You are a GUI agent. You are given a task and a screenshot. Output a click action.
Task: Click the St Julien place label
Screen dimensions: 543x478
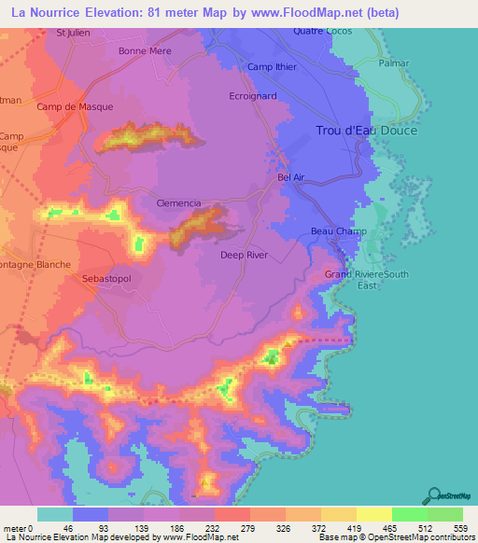[73, 33]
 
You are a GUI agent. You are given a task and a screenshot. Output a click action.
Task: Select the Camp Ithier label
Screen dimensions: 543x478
[271, 67]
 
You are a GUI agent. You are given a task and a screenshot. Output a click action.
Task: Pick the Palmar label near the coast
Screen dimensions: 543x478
[395, 64]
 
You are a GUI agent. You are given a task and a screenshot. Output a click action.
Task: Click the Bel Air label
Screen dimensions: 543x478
[291, 176]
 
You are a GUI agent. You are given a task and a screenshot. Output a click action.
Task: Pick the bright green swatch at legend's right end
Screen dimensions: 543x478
[444, 514]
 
